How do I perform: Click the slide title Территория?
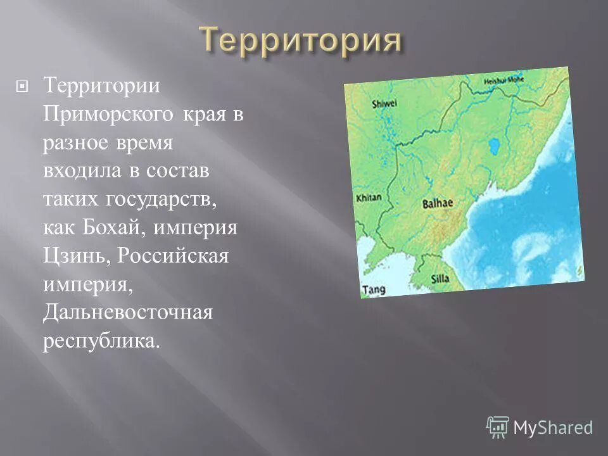tap(301, 41)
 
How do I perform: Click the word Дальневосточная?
tap(127, 313)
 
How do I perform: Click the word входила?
tap(79, 172)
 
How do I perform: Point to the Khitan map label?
tap(369, 198)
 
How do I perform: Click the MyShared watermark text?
tap(553, 427)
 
